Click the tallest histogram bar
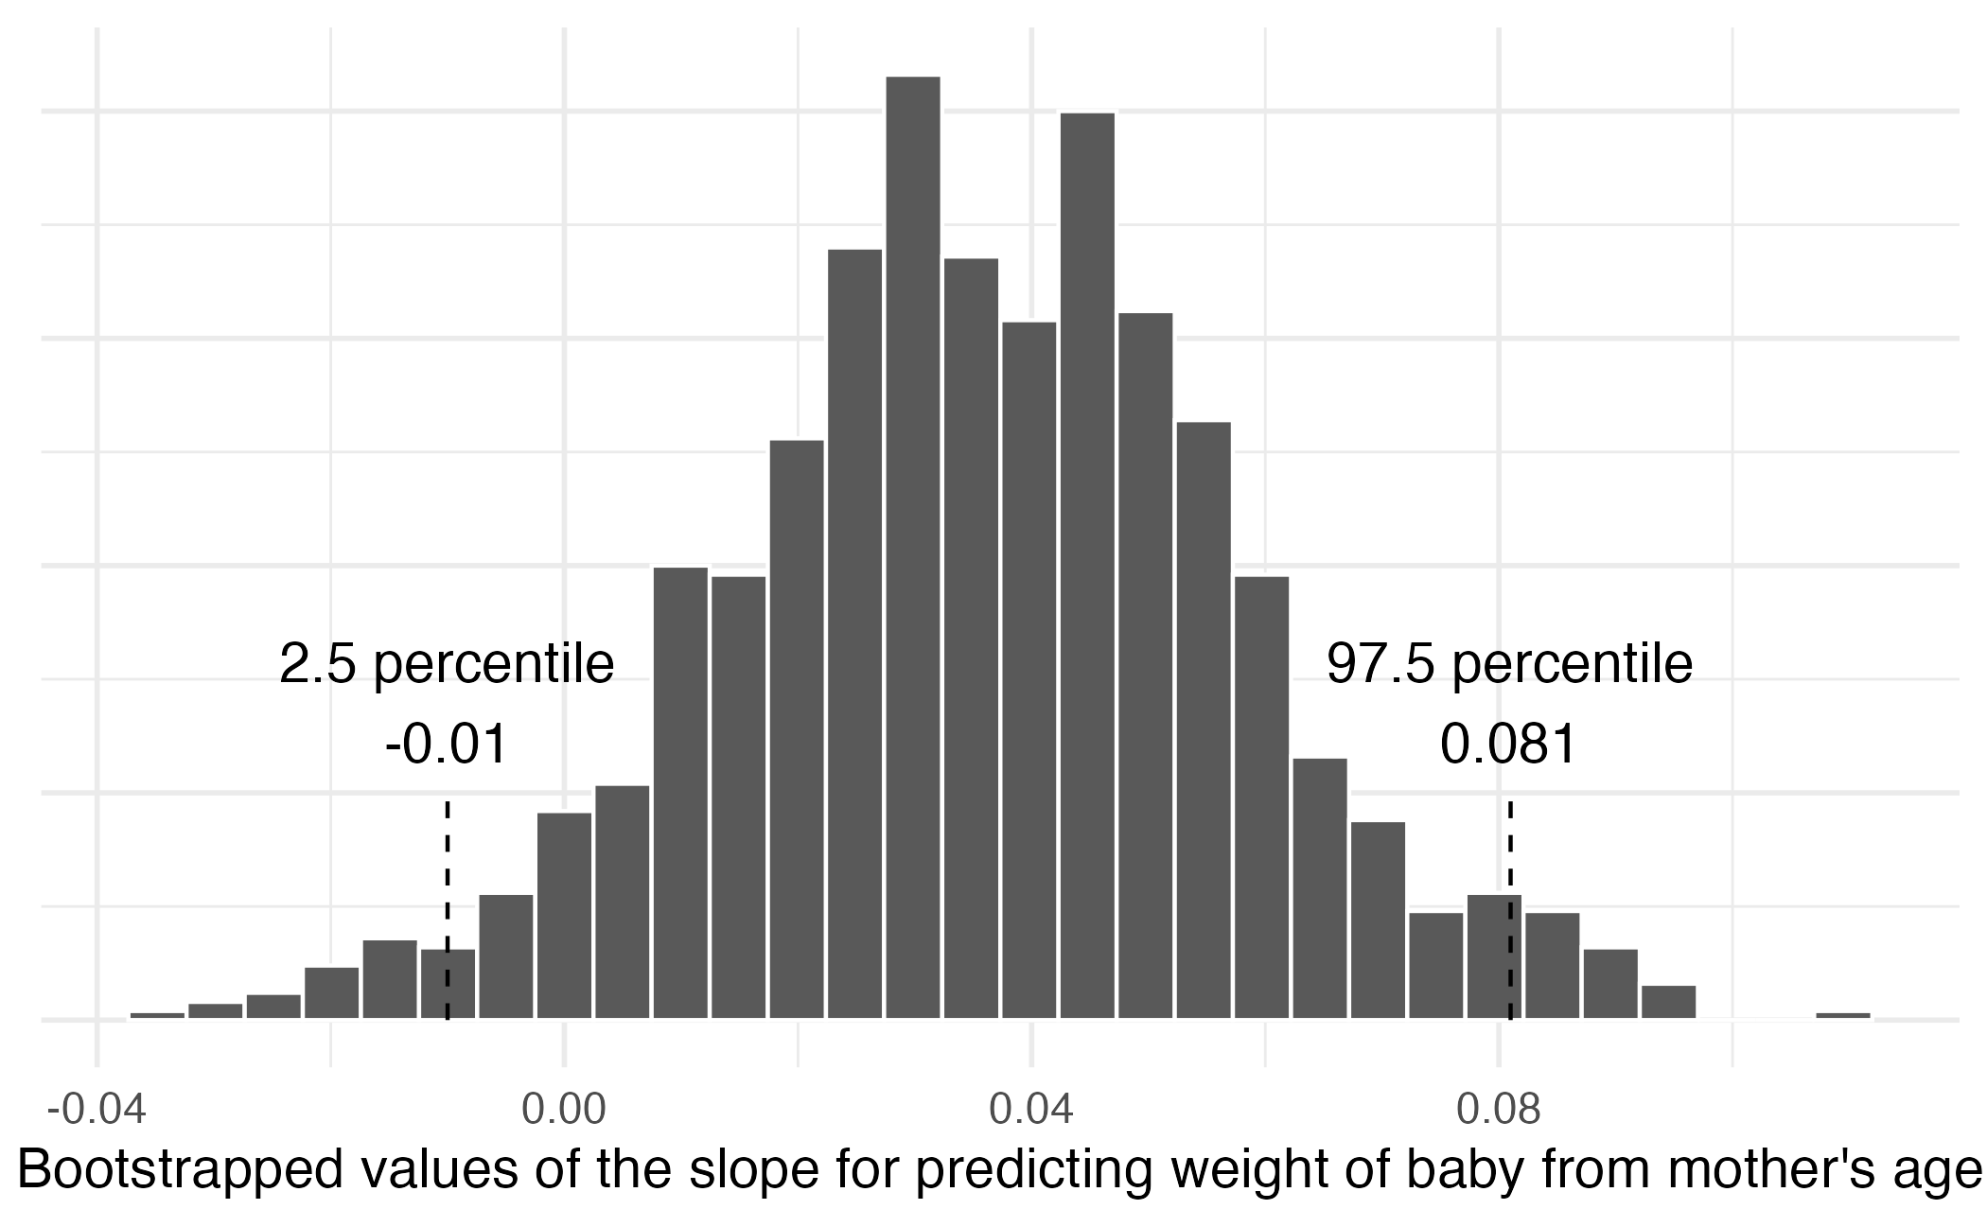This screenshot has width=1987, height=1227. [913, 549]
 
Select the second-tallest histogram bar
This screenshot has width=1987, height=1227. [1087, 568]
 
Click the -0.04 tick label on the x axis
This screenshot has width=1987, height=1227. [97, 1110]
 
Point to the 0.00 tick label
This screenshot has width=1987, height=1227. [564, 1110]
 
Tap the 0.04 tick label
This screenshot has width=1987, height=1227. [1031, 1110]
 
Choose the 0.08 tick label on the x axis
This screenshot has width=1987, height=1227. [1499, 1110]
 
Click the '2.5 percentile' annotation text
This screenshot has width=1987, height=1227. [447, 664]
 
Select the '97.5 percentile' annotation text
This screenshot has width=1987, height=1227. [1509, 664]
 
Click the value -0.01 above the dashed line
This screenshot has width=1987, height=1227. [447, 745]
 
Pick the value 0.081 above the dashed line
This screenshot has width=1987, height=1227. [1509, 745]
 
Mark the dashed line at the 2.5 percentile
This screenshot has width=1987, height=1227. [448, 870]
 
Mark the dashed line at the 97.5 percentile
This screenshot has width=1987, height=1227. [1510, 851]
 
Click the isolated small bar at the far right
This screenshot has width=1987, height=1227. [1843, 1016]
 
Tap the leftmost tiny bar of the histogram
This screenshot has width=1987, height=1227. [157, 1016]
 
